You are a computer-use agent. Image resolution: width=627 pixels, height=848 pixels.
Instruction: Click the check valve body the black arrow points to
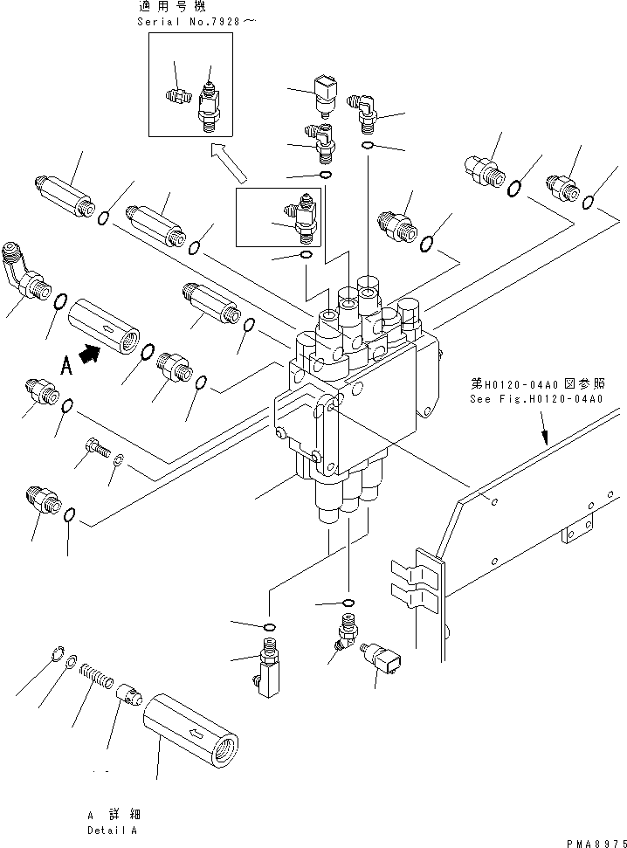tap(102, 324)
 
